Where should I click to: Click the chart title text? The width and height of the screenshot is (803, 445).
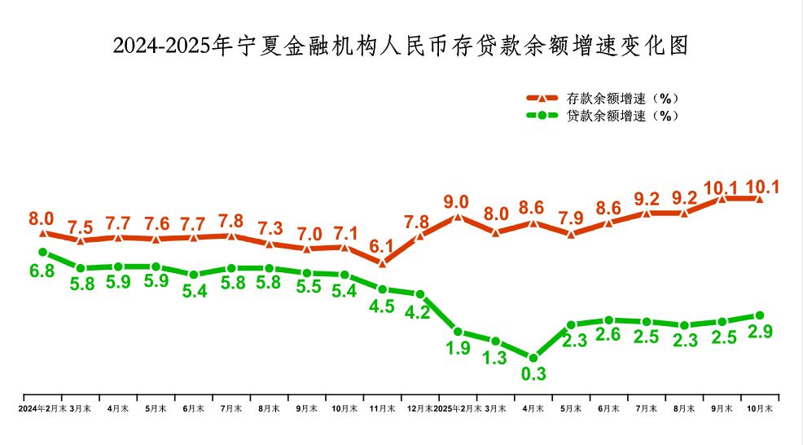pos(401,45)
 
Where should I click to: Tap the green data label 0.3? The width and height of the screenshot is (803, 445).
pos(533,375)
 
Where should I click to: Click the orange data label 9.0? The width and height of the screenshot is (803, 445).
pos(457,201)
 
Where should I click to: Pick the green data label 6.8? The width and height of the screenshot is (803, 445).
pos(42,271)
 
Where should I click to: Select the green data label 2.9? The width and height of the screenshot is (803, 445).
pos(760,333)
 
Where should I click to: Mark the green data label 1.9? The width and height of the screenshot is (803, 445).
pos(458,349)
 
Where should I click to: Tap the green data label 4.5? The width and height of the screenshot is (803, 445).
pos(382,306)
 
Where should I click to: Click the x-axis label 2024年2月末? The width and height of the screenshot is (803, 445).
pos(42,408)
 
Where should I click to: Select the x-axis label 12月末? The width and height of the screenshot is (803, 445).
pos(419,408)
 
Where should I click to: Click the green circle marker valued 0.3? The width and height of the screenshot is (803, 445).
pos(533,358)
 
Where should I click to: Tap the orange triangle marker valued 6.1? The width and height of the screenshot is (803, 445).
pos(382,262)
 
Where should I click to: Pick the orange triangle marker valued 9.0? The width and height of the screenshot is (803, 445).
pos(458,217)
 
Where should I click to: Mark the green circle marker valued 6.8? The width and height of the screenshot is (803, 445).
pos(42,253)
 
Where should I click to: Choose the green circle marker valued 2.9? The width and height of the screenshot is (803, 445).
pos(760,315)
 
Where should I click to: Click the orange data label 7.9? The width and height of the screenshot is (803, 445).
pos(571,218)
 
